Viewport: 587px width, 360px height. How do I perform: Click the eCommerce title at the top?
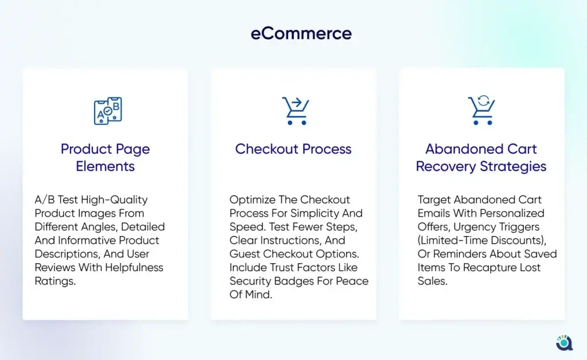pos(301,33)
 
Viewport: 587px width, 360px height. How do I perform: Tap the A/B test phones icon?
pos(108,111)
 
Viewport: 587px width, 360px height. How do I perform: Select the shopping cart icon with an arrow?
pos(296,111)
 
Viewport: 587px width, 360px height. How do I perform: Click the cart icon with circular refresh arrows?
pos(482,110)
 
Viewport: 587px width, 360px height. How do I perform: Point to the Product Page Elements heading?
pos(105,158)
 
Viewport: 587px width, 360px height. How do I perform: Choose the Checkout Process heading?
pos(293,149)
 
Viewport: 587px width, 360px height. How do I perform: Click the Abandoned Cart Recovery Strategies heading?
pos(481,158)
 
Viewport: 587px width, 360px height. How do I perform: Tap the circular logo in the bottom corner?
pos(564,342)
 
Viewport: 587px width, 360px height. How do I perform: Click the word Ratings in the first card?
pos(55,281)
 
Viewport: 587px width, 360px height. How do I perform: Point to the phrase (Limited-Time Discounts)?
pos(482,240)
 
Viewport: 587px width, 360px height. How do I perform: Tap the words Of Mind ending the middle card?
pos(251,295)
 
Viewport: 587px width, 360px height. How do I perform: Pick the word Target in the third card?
pos(435,200)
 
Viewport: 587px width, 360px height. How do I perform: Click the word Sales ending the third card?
pos(432,281)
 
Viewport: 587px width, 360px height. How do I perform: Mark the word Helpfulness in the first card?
pos(134,268)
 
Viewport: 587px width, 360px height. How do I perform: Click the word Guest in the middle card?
pos(244,254)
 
